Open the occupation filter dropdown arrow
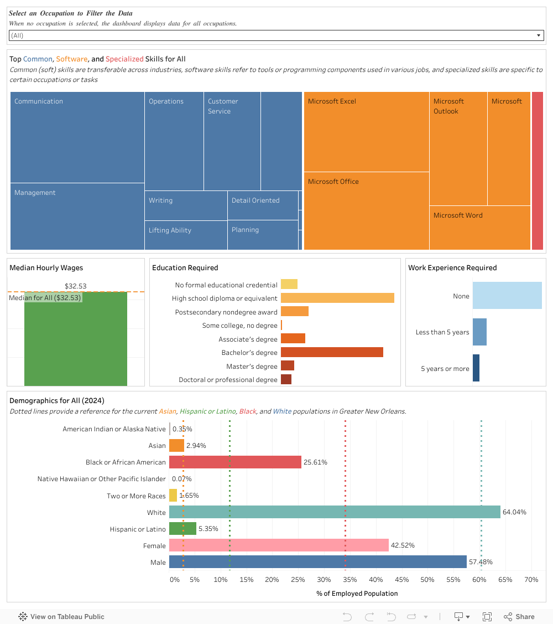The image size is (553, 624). [x=539, y=35]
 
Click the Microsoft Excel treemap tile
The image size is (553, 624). [x=366, y=132]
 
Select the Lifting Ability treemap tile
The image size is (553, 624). [x=186, y=235]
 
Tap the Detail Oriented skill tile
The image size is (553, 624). [x=263, y=205]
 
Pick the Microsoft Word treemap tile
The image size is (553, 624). [x=479, y=228]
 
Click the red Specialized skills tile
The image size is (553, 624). [x=537, y=171]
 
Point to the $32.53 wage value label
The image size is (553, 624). [x=76, y=286]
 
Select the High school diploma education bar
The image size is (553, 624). [x=337, y=298]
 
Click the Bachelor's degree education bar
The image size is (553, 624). [x=332, y=352]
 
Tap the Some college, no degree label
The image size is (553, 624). [x=239, y=326]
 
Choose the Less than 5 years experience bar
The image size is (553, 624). [x=479, y=332]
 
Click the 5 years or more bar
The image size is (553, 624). [x=476, y=368]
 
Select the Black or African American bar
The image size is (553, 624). [x=235, y=462]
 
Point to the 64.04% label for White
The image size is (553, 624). [x=514, y=512]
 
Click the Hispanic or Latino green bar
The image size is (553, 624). [x=182, y=529]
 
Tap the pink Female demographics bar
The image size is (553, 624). [x=279, y=545]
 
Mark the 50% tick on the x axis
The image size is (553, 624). [x=427, y=580]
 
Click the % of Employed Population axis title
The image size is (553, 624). [x=357, y=594]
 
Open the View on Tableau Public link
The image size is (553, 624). [x=61, y=616]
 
